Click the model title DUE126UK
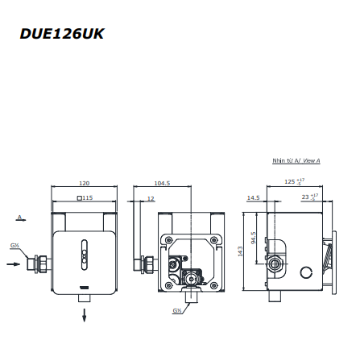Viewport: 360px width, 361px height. [62, 34]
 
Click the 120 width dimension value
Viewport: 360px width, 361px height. [84, 183]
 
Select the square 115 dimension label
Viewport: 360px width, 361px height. [85, 197]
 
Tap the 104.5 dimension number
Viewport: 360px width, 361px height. [162, 183]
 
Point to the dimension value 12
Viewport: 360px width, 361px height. [149, 197]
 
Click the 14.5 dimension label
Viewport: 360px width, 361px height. [253, 197]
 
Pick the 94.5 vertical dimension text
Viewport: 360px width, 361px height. [253, 239]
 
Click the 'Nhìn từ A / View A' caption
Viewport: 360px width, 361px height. [296, 161]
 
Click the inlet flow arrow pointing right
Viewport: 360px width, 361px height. [14, 263]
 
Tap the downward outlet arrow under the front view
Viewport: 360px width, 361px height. [85, 316]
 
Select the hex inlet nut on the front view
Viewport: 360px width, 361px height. [40, 263]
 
